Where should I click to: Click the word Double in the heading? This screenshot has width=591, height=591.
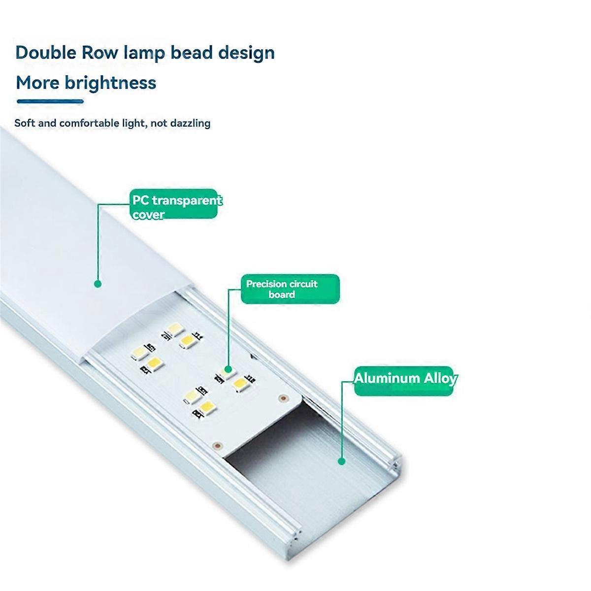pyautogui.click(x=45, y=52)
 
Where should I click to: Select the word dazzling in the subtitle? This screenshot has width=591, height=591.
pyautogui.click(x=190, y=123)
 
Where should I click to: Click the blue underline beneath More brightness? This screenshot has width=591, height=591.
pyautogui.click(x=50, y=101)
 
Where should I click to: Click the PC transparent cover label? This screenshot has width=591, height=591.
pyautogui.click(x=174, y=204)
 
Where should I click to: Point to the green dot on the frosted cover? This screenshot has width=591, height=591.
pyautogui.click(x=98, y=284)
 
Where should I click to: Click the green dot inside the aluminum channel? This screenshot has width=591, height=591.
pyautogui.click(x=341, y=461)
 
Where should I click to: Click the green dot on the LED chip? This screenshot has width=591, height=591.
pyautogui.click(x=229, y=368)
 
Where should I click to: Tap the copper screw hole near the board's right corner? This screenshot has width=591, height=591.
pyautogui.click(x=282, y=397)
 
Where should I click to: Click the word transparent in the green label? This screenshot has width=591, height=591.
pyautogui.click(x=187, y=200)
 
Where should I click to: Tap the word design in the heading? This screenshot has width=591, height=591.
pyautogui.click(x=247, y=52)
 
